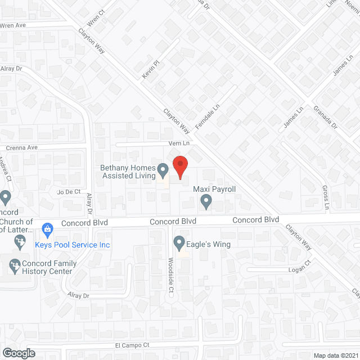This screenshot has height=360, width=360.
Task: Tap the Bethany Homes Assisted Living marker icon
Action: coord(163,169)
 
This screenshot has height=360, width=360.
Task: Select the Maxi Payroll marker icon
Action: coord(206,200)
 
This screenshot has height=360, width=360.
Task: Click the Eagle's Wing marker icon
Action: coord(179,244)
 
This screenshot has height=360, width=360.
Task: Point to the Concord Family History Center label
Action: coord(47,267)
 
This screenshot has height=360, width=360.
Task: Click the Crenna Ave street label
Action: coord(21,148)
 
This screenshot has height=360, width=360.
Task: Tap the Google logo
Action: coord(18,353)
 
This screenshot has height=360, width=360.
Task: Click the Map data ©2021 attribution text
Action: coord(335,355)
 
